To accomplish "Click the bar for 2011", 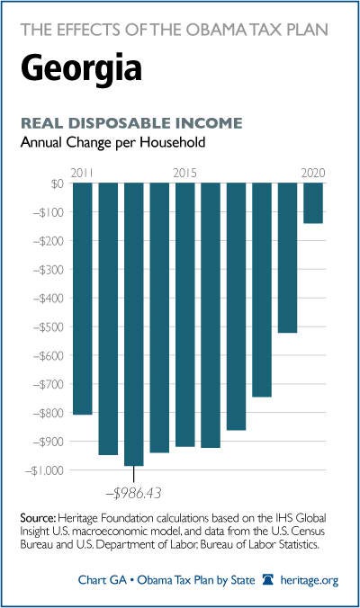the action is tap(83, 299).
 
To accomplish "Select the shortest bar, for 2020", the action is tap(313, 203).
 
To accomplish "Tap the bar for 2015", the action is tap(185, 315).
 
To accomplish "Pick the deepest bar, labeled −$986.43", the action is tap(134, 324).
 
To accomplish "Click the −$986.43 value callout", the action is tap(133, 493).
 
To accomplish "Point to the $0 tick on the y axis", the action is tap(57, 183).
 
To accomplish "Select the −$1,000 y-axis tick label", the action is tap(44, 470).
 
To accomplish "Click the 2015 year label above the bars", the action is tap(185, 173).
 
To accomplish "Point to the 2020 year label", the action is tap(313, 173).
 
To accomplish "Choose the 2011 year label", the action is tap(82, 173).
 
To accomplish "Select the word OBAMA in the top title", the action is tap(218, 30).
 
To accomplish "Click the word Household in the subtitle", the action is tap(173, 142).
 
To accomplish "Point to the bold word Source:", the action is tap(38, 518).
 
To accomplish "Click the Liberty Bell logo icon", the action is tap(267, 580).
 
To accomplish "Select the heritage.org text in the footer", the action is tap(310, 580).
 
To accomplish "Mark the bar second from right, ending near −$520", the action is tap(287, 258).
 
